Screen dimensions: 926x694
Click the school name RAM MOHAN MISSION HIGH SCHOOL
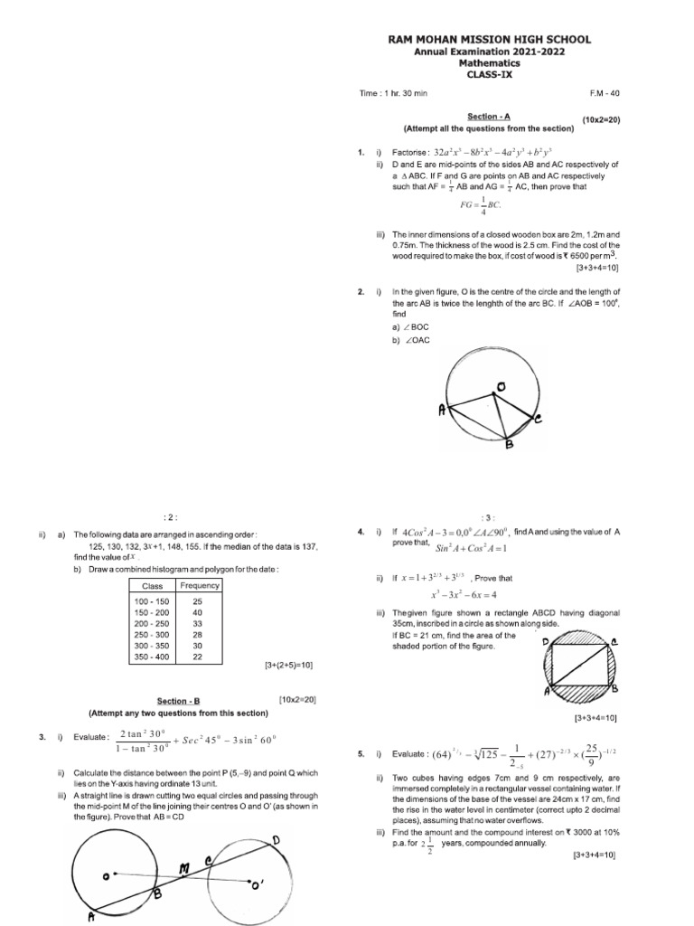(x=489, y=40)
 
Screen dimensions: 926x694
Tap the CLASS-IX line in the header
(x=489, y=75)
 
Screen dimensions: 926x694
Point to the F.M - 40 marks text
(x=603, y=95)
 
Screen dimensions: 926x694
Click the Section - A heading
(x=488, y=118)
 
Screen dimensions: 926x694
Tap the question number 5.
(x=361, y=753)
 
